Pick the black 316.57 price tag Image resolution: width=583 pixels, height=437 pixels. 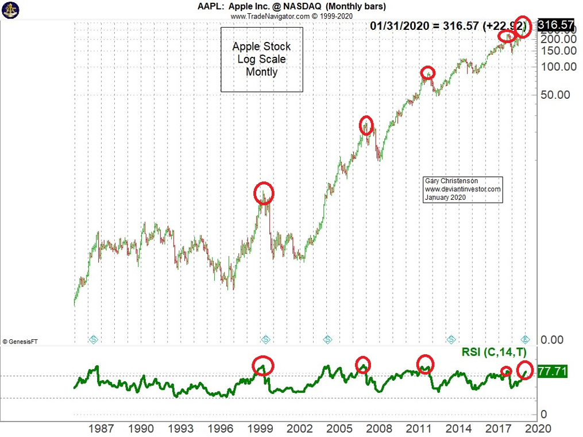point(555,25)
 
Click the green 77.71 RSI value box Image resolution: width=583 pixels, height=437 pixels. point(552,372)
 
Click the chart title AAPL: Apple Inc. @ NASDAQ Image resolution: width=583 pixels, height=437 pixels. point(291,6)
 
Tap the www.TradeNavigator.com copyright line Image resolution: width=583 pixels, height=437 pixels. point(291,16)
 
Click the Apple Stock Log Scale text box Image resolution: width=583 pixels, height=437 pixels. point(261,59)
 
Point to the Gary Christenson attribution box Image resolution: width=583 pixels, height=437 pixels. point(462,189)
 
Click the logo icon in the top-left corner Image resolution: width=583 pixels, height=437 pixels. point(11,10)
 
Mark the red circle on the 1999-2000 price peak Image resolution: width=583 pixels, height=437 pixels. point(264,193)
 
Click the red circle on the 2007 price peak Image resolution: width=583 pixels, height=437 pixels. point(366,125)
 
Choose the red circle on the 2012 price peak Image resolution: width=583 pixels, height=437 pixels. point(427,73)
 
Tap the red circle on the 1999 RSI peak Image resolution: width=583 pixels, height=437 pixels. point(263,365)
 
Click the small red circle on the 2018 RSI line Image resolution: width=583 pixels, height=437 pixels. point(506,372)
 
